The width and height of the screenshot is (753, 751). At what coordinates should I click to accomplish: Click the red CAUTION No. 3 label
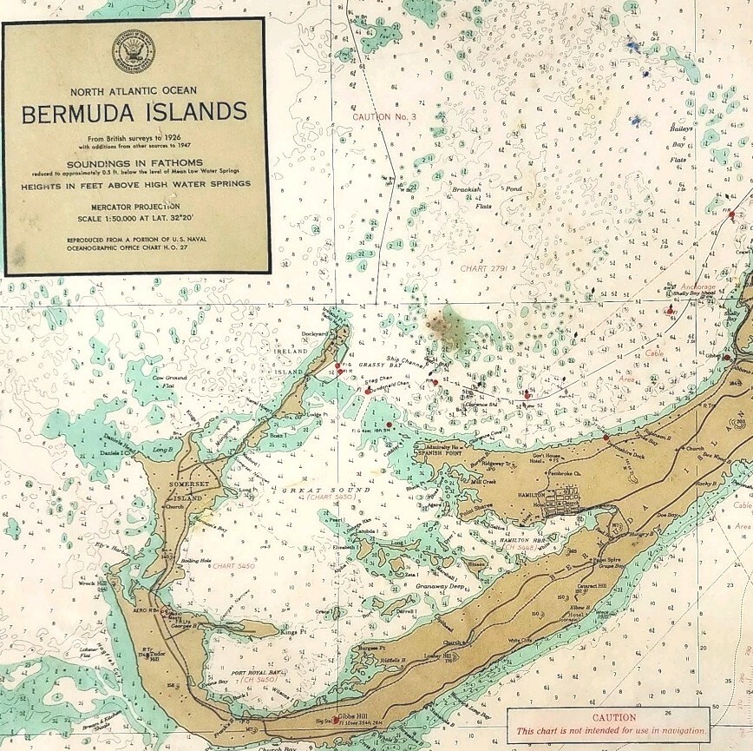tap(384, 116)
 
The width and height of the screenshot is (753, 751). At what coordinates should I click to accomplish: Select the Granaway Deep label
tap(442, 587)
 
